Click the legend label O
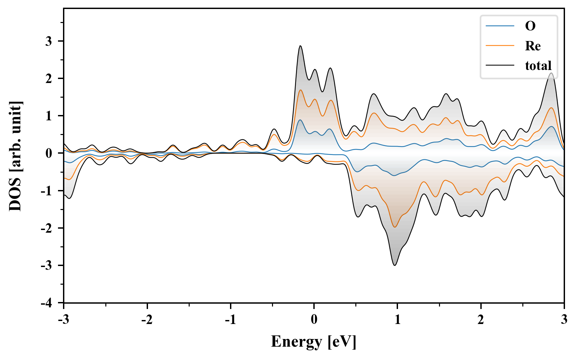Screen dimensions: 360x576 (x=530, y=26)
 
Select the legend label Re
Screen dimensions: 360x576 (x=533, y=46)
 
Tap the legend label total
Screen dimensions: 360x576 (x=538, y=66)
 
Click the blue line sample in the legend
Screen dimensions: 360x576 (x=500, y=26)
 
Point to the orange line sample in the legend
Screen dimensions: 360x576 (x=500, y=46)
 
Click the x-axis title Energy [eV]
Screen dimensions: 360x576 (x=314, y=341)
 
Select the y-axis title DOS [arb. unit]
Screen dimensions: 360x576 (x=15, y=156)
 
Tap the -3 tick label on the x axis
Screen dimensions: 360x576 (x=63, y=320)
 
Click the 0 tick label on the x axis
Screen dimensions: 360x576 (x=314, y=320)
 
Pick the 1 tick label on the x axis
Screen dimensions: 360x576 (x=397, y=320)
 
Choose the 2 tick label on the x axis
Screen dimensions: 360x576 (x=481, y=320)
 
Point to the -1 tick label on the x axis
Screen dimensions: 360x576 (x=230, y=320)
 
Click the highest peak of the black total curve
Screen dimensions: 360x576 (x=300, y=46)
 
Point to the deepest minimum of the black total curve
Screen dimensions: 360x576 (x=395, y=265)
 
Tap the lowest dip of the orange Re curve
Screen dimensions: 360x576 (x=395, y=227)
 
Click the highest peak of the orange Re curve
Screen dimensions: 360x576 (x=300, y=90)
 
